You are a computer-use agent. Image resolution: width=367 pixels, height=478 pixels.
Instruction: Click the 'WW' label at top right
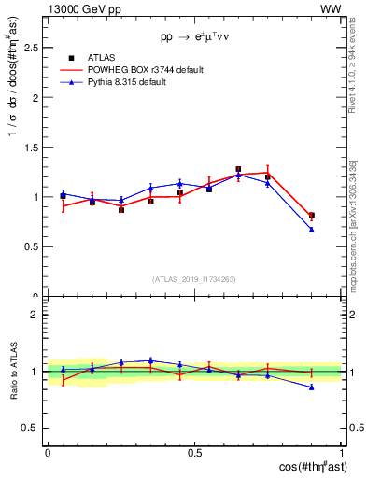pos(331,8)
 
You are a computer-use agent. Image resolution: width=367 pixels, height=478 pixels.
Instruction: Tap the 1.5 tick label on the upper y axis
pos(35,147)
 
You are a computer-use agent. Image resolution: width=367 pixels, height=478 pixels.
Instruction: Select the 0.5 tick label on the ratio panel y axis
pos(35,428)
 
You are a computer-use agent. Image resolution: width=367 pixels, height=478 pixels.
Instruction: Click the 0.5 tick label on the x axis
pos(194,452)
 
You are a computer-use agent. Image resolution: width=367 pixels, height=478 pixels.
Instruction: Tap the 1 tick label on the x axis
pos(342,452)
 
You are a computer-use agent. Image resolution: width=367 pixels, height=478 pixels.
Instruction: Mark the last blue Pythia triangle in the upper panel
pos(312,229)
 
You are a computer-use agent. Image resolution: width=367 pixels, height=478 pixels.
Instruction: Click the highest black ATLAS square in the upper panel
pos(238,169)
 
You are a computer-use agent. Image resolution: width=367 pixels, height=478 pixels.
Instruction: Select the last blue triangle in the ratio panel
pos(312,387)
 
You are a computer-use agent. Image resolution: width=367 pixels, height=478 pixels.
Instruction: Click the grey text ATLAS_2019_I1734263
pos(194,279)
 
